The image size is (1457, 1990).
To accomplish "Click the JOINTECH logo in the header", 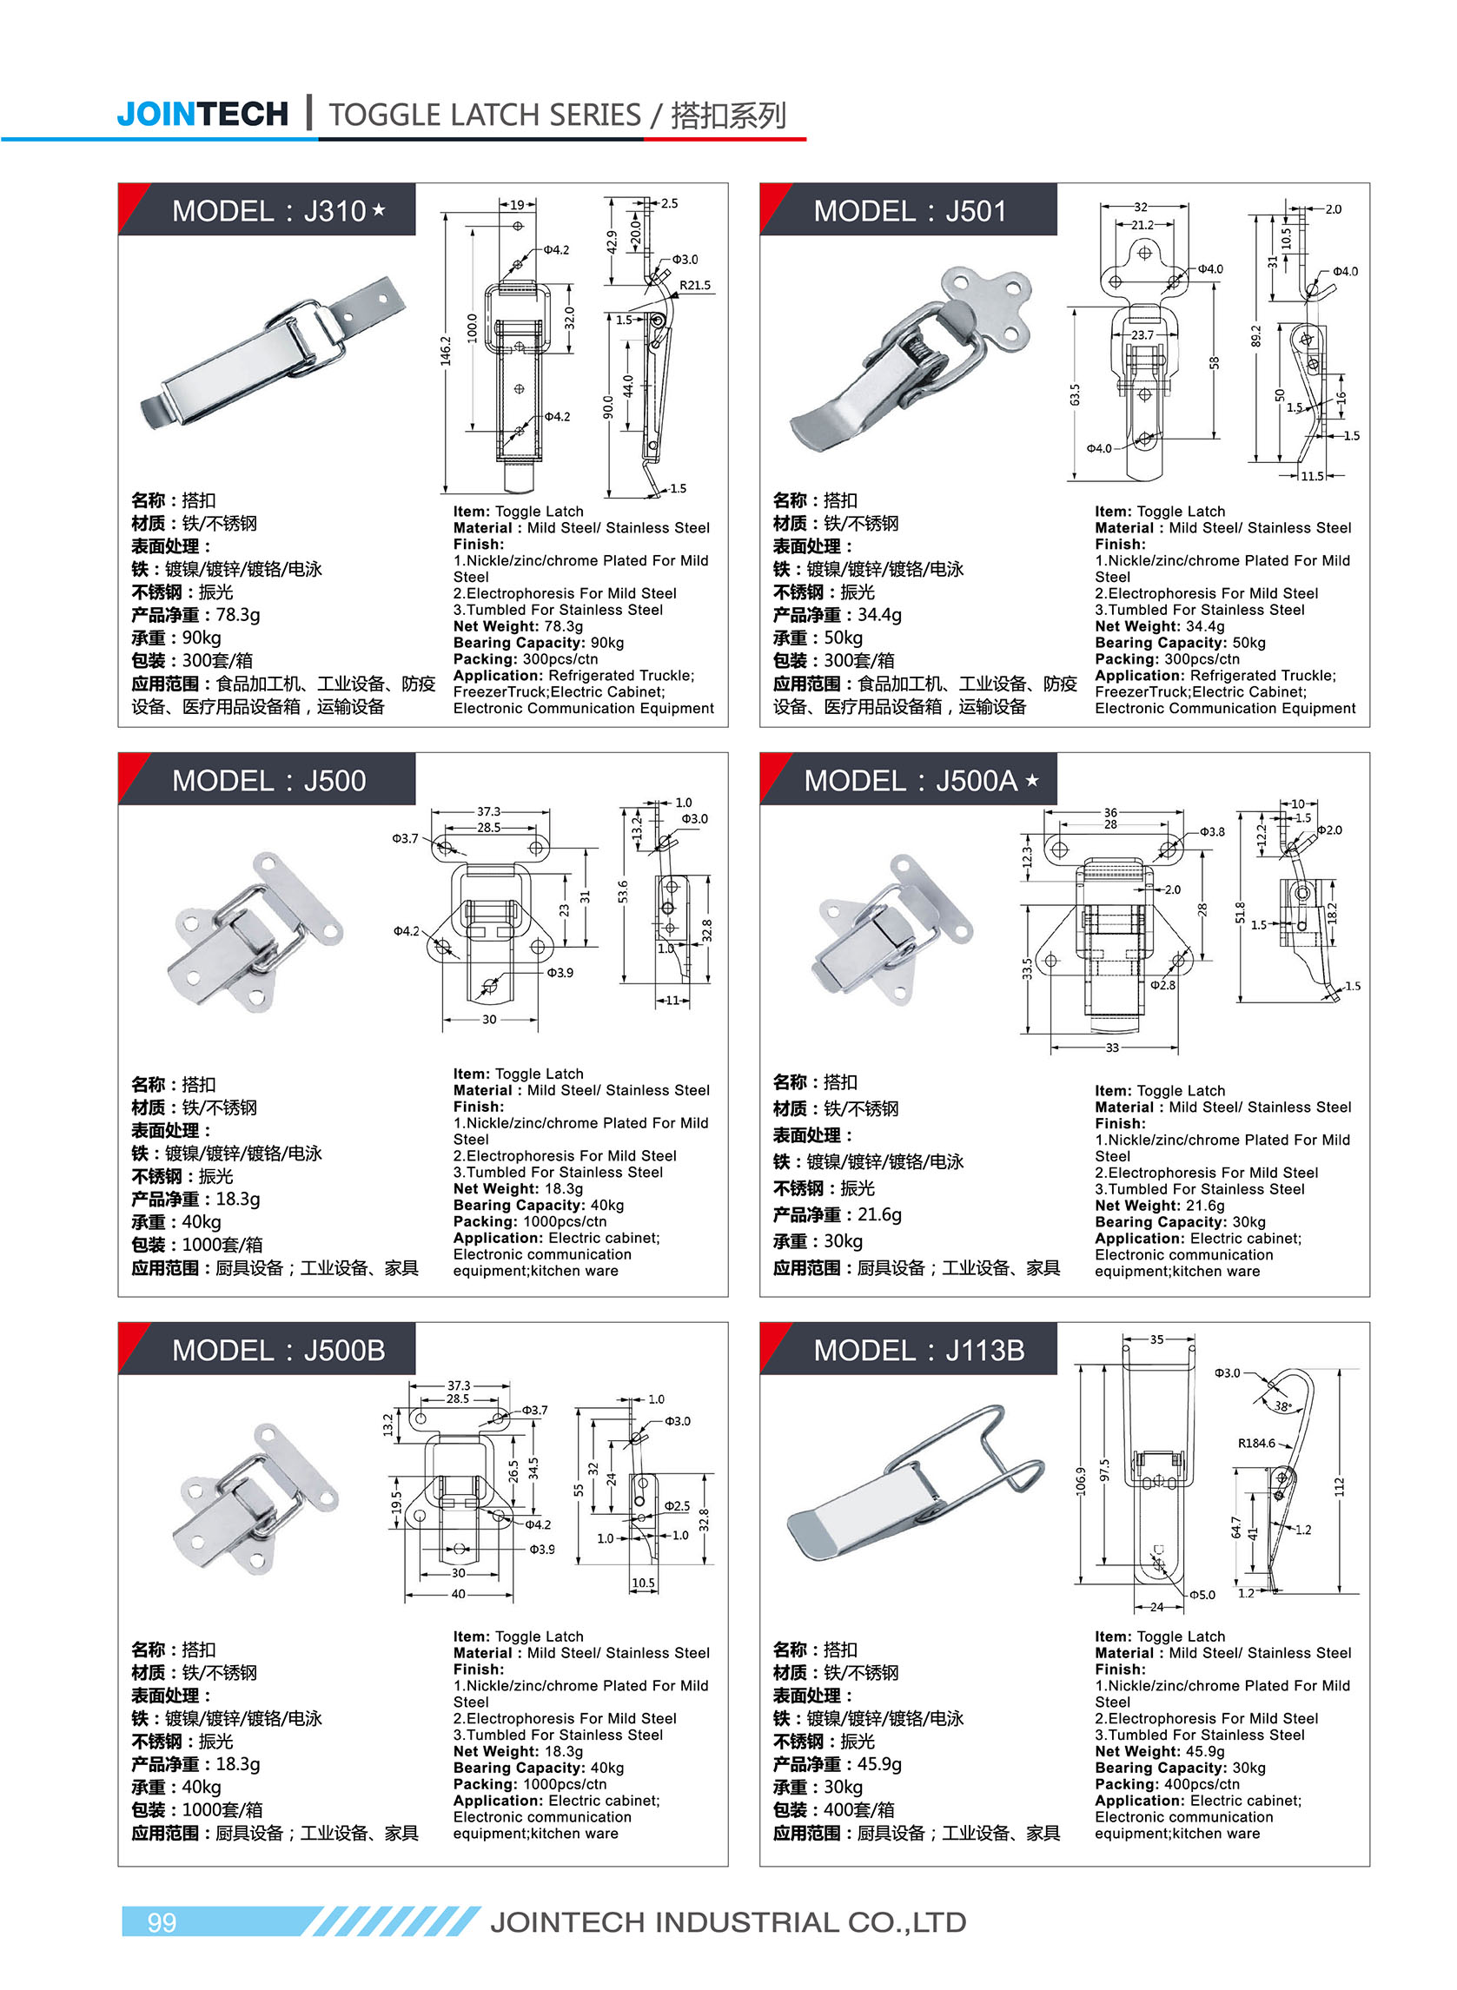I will click(x=202, y=114).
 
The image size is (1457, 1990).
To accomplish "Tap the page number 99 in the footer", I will click(x=162, y=1921).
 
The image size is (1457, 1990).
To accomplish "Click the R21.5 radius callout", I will click(x=695, y=286).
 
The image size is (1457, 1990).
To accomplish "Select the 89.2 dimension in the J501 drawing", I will click(x=1256, y=336).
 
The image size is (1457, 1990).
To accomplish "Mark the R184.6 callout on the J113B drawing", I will click(x=1256, y=1444).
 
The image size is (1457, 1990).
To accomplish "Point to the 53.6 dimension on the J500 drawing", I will click(x=624, y=892).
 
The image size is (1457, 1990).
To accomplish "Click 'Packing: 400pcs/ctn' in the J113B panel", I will click(x=1166, y=1783).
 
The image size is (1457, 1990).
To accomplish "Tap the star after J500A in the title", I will click(x=1033, y=780).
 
